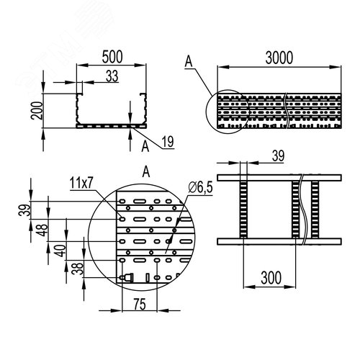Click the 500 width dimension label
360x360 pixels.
(112, 57)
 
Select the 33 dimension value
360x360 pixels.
(112, 76)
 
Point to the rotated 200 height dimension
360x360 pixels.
(37, 110)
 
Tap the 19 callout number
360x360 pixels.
(168, 142)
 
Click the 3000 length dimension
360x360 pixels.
(279, 58)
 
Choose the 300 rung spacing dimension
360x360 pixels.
(271, 278)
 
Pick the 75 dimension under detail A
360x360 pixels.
(140, 305)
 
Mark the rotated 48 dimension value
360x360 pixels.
(42, 230)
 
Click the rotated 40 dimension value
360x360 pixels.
(60, 251)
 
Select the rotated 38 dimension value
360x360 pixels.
(78, 269)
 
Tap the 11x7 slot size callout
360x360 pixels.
(81, 184)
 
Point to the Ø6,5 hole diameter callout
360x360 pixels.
(201, 187)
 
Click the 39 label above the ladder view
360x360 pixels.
(278, 156)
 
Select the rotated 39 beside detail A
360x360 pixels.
(25, 210)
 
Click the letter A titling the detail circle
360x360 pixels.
(146, 172)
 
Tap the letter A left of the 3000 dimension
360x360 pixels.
(189, 61)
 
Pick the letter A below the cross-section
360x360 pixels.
(145, 147)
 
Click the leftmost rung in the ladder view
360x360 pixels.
(243, 210)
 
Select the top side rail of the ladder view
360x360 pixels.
(279, 178)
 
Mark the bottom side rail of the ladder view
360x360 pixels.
(279, 241)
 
